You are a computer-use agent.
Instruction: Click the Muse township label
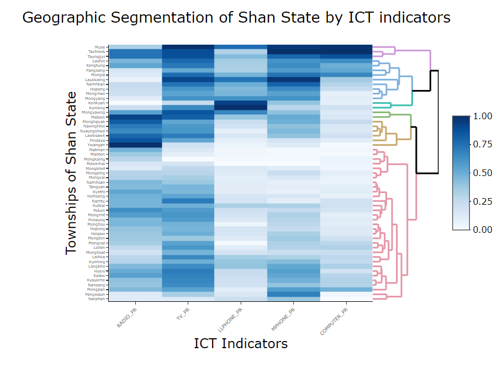coord(100,47)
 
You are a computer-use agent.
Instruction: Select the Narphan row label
coord(98,299)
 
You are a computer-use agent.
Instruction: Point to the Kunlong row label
coord(98,108)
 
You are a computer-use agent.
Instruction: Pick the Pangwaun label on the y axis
coord(96,294)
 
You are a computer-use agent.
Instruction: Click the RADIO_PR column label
coord(126,319)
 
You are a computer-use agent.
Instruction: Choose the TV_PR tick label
coord(182,313)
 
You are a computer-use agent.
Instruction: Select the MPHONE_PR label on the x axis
coord(284,319)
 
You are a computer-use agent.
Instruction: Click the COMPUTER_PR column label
coord(335,321)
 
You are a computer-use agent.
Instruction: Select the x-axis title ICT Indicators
coord(241,343)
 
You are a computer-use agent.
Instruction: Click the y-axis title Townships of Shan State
coord(71,173)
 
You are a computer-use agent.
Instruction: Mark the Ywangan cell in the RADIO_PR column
coord(135,145)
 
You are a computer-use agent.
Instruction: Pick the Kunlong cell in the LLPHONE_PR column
coord(240,108)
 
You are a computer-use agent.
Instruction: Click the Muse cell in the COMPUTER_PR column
coord(346,47)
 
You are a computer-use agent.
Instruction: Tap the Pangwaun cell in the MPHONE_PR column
coord(293,294)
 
